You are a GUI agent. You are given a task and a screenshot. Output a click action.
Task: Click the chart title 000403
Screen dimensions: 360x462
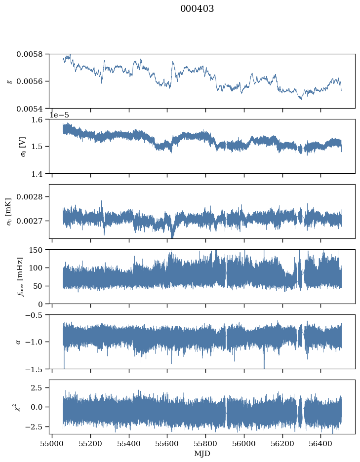(197, 9)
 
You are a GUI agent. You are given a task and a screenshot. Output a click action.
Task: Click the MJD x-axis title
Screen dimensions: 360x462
(202, 454)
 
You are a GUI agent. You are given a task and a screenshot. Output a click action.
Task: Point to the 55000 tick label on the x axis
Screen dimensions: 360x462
(52, 443)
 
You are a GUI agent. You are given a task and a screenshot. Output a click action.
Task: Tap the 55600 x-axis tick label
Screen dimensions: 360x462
(167, 443)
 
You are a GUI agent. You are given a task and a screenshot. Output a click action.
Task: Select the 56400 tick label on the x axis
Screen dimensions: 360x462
(321, 443)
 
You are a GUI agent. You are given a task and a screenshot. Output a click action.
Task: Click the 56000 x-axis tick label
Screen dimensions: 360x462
(244, 443)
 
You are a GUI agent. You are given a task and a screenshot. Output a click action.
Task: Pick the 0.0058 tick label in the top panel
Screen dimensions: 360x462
(30, 54)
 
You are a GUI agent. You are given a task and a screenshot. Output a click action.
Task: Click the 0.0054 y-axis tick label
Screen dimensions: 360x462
(30, 109)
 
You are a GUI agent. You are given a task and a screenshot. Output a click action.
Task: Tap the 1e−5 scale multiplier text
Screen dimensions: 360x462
(59, 115)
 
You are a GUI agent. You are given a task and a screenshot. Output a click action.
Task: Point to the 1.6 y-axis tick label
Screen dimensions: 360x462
(37, 119)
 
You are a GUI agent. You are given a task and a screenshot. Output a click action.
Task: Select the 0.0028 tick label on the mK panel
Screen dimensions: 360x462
(30, 196)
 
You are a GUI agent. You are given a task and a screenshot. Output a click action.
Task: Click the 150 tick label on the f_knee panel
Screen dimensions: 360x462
(36, 250)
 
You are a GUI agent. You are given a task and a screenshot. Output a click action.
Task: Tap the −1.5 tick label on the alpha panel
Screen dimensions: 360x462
(34, 369)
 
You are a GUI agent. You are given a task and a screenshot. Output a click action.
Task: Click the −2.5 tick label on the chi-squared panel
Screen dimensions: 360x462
(34, 426)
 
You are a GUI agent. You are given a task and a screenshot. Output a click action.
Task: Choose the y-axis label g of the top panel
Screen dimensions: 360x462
(10, 81)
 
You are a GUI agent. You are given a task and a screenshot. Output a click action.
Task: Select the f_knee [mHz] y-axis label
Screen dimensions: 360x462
(20, 277)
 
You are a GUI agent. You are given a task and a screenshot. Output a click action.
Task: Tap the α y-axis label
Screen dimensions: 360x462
(18, 342)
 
